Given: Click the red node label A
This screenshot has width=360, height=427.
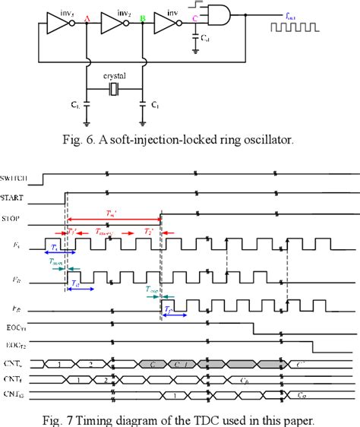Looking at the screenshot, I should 88,19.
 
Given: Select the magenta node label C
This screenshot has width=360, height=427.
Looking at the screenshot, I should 197,19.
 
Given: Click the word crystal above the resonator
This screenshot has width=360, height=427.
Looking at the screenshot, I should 115,77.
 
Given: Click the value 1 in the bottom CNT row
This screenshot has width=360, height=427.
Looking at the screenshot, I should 175,396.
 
